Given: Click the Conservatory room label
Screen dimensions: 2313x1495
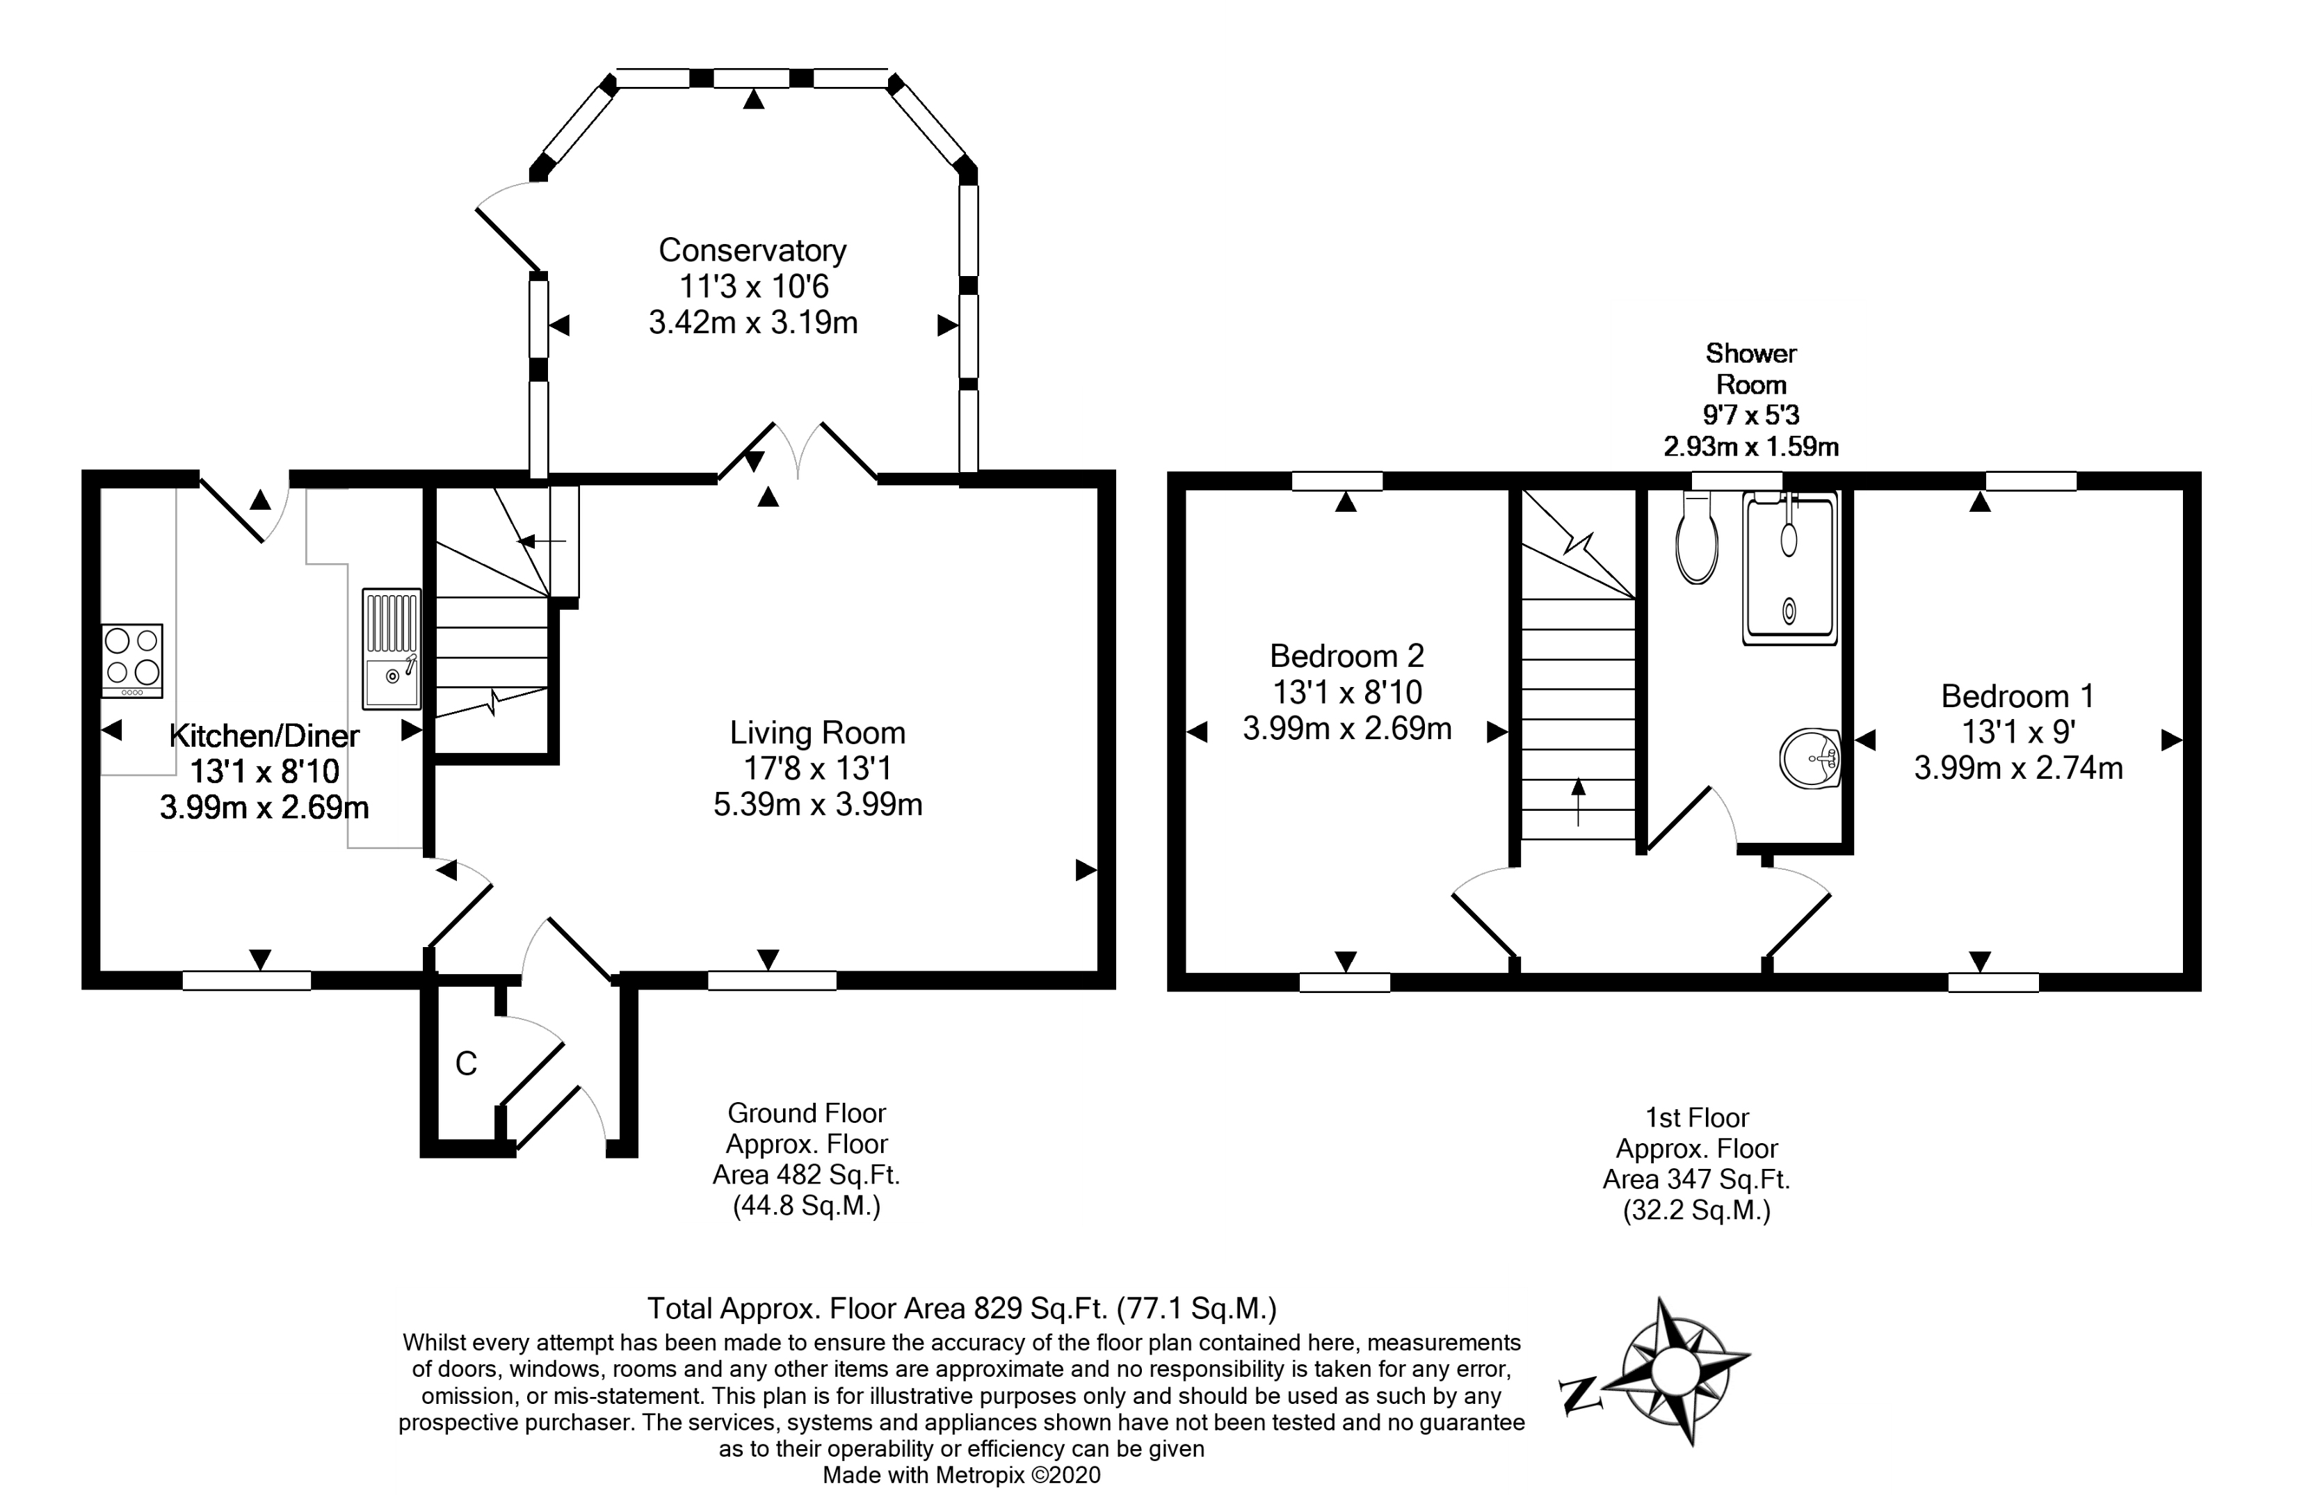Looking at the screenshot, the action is pyautogui.click(x=752, y=250).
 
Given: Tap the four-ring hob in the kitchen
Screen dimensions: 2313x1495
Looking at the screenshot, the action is pyautogui.click(x=132, y=660).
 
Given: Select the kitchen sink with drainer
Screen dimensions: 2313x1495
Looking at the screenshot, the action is pyautogui.click(x=392, y=649).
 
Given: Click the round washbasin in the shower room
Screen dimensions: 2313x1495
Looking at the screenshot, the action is pyautogui.click(x=1811, y=757).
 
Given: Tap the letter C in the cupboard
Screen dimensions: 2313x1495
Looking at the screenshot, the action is pyautogui.click(x=466, y=1064).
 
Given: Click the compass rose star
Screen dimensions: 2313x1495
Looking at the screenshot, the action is pyautogui.click(x=1671, y=1370).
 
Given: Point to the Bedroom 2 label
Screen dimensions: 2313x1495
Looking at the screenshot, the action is pyautogui.click(x=1347, y=656).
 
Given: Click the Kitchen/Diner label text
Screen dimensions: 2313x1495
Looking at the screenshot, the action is pyautogui.click(x=264, y=736).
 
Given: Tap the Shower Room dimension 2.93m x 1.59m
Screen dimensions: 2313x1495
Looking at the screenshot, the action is pyautogui.click(x=1751, y=446).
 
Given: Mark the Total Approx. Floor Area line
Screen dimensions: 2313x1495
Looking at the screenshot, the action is pyautogui.click(x=962, y=1309).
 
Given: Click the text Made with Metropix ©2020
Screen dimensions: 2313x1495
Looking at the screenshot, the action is pyautogui.click(x=962, y=1476).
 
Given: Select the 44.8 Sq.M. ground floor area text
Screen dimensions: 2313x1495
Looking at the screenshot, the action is pyautogui.click(x=807, y=1206).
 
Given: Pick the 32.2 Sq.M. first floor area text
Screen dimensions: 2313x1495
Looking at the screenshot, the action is pyautogui.click(x=1697, y=1211).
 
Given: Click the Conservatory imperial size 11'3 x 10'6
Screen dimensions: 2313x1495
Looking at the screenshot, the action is pyautogui.click(x=752, y=286).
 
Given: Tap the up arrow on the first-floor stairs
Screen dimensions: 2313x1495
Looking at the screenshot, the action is pyautogui.click(x=1578, y=801).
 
